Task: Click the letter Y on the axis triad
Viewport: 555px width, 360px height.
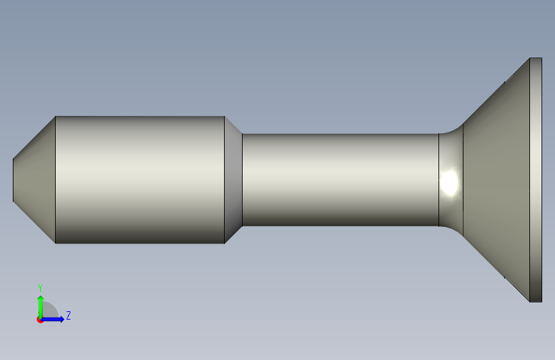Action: [40, 288]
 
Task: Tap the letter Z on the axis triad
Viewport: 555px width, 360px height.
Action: [68, 315]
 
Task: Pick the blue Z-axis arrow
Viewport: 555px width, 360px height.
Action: [55, 318]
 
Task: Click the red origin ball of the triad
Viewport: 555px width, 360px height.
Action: [40, 319]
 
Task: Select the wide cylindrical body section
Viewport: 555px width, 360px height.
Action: [140, 179]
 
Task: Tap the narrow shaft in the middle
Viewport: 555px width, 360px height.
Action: [339, 179]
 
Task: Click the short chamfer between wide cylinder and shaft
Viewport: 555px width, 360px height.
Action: [234, 179]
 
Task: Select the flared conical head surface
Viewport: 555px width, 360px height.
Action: [496, 179]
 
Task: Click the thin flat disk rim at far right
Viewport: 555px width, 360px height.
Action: [536, 179]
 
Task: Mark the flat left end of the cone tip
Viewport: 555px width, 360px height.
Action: [13, 179]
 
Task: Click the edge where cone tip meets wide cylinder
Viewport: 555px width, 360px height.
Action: [56, 179]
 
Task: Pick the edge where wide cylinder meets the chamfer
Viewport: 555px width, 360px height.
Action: [225, 179]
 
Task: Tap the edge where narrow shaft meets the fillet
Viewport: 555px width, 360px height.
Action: [438, 179]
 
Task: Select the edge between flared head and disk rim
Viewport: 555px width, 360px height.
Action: [529, 179]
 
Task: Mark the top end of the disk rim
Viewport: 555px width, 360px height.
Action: [536, 59]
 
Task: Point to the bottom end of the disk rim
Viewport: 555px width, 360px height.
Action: [536, 300]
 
